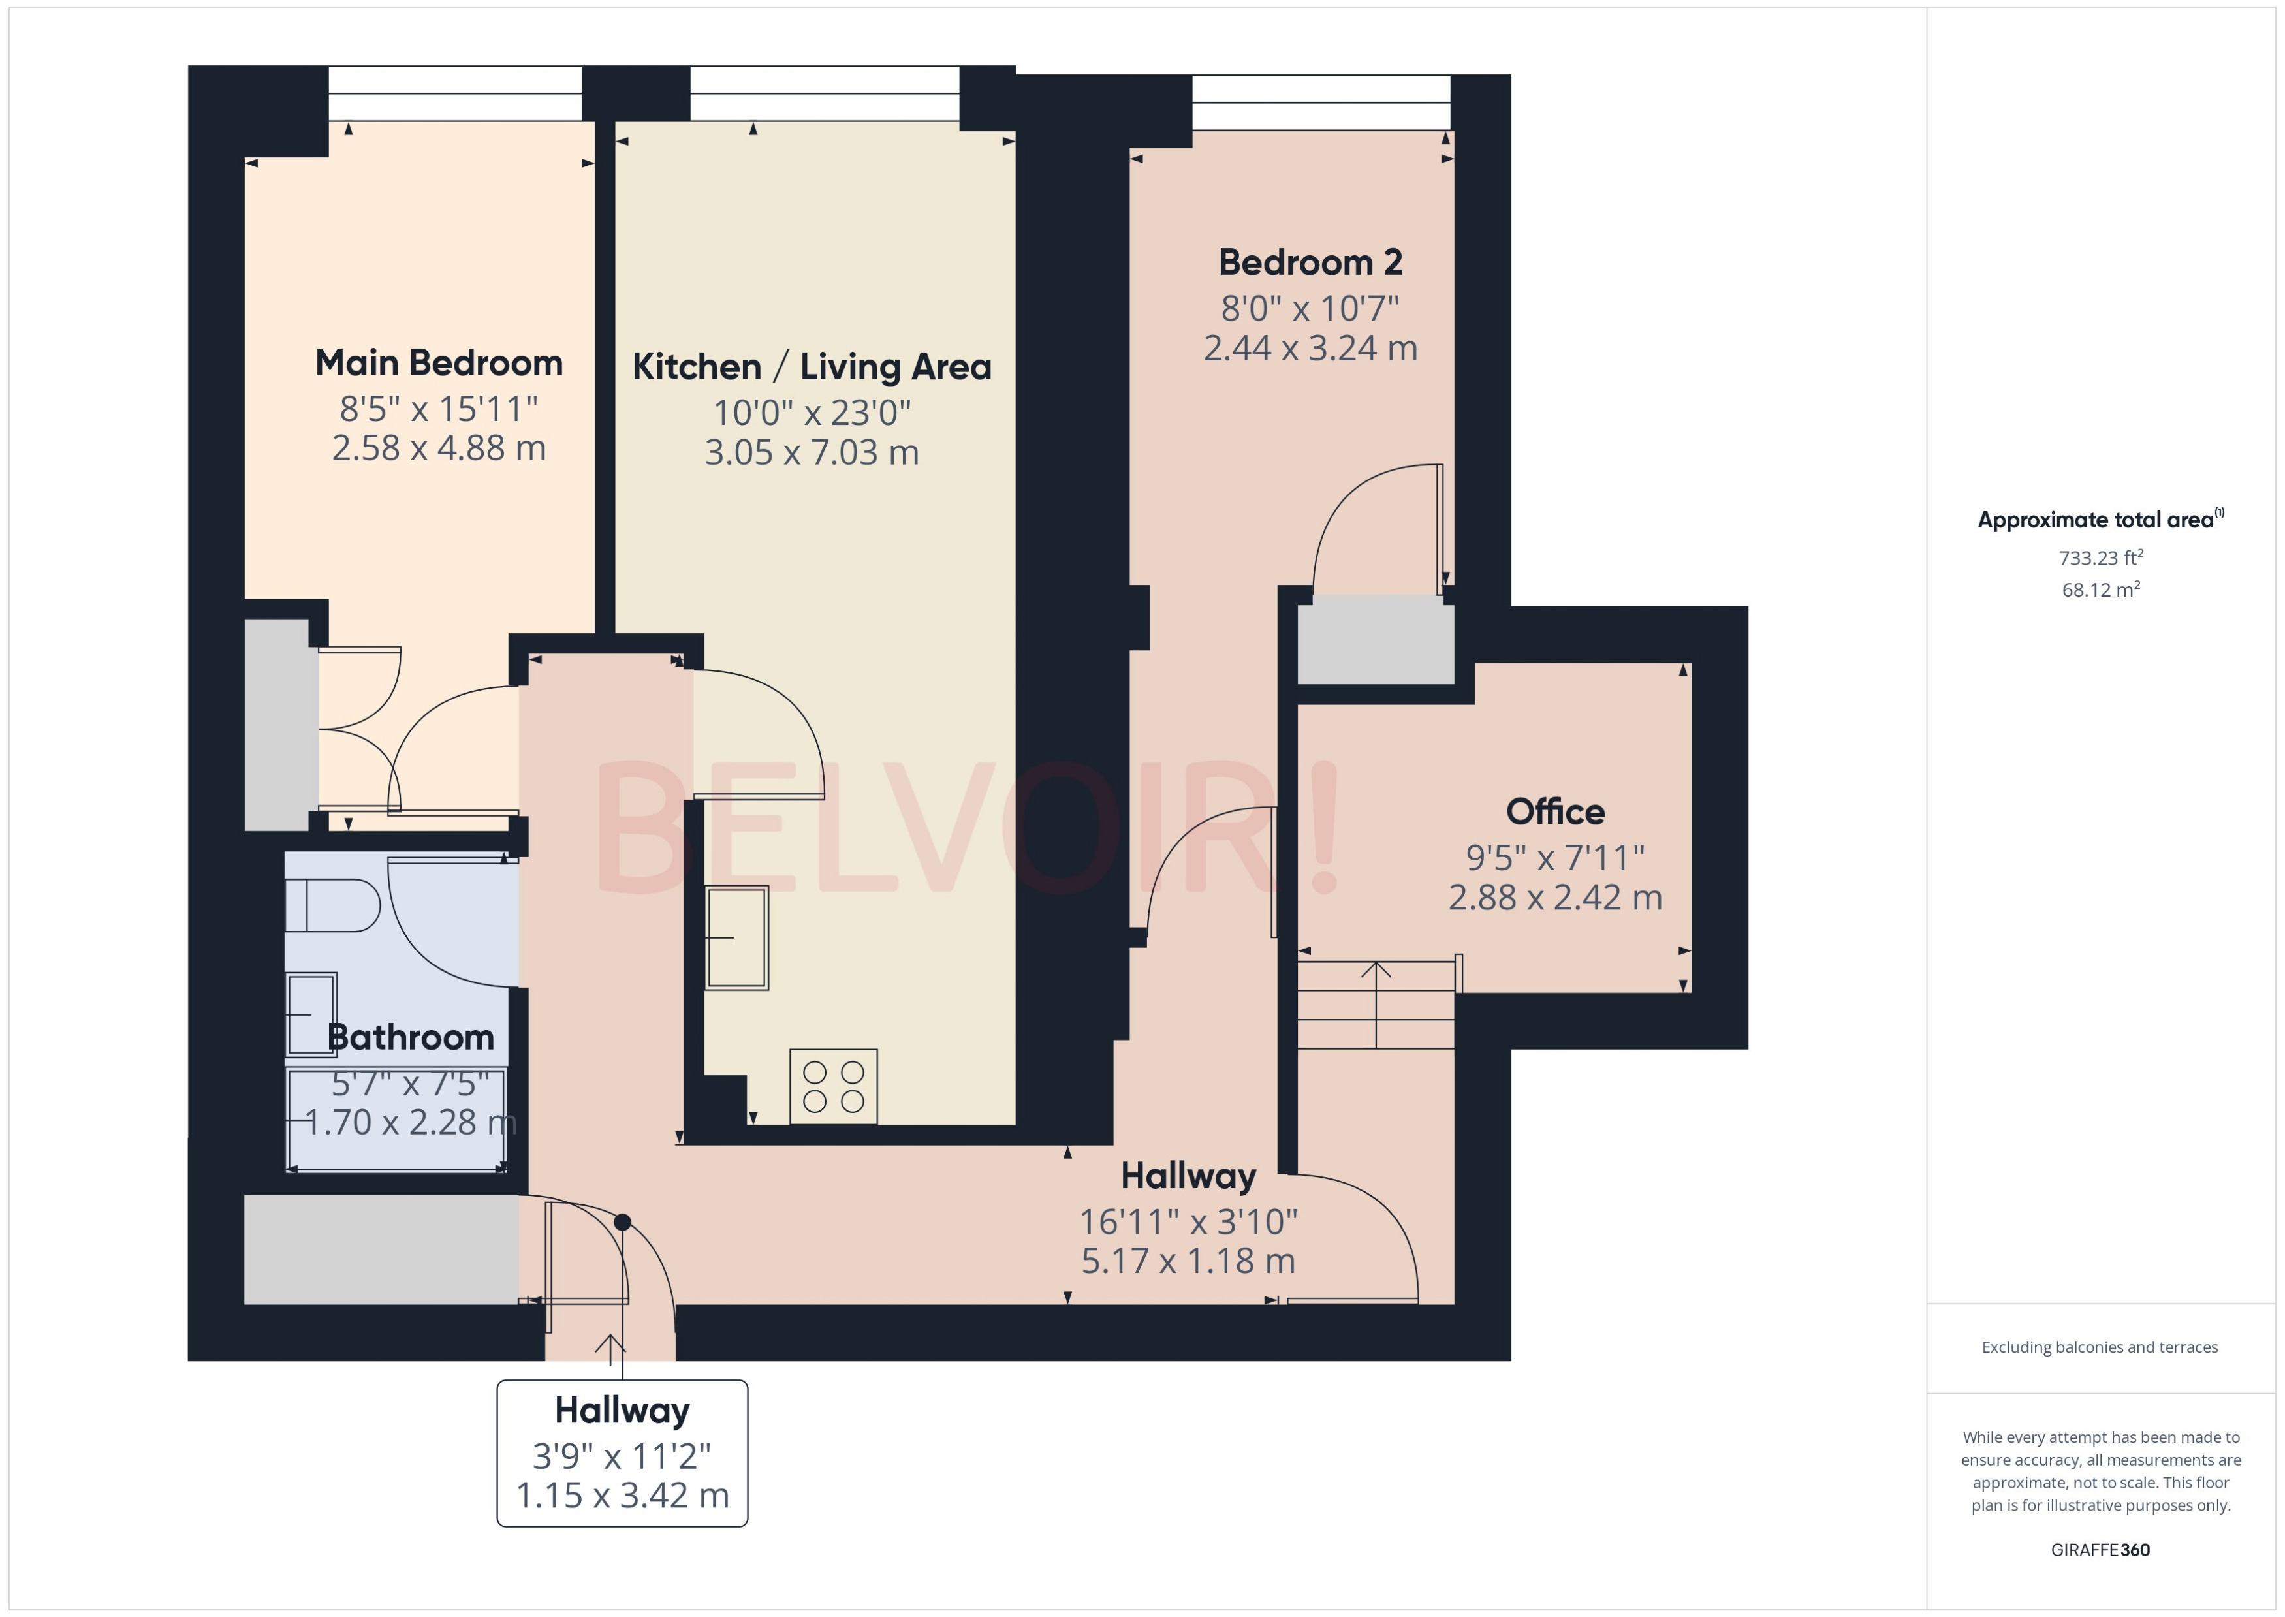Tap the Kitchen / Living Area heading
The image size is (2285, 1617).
coord(812,366)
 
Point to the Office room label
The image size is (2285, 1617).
coord(1554,811)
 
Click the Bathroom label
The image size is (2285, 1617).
coord(410,1037)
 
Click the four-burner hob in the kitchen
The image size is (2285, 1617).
coord(832,1086)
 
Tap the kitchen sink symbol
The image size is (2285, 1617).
coord(737,938)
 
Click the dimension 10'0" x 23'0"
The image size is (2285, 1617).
coord(812,411)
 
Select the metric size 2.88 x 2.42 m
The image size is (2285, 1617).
coord(1554,897)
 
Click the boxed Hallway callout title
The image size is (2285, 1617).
coord(622,1410)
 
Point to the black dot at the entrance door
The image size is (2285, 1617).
coord(622,1221)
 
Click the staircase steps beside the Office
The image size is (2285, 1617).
coord(1376,1005)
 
